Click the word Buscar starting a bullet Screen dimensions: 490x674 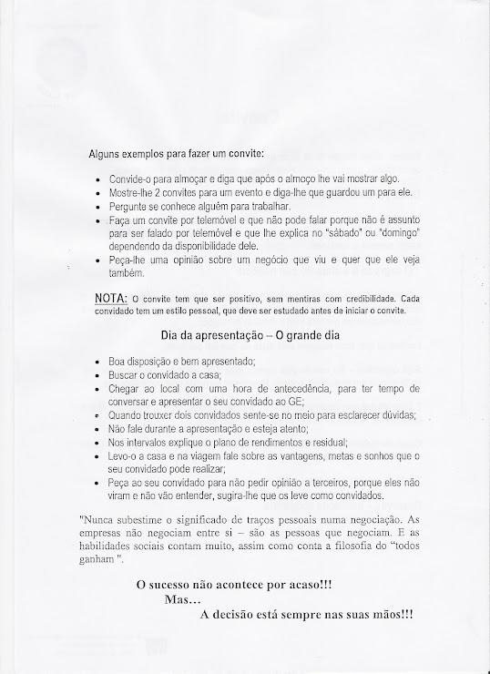click(126, 373)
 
